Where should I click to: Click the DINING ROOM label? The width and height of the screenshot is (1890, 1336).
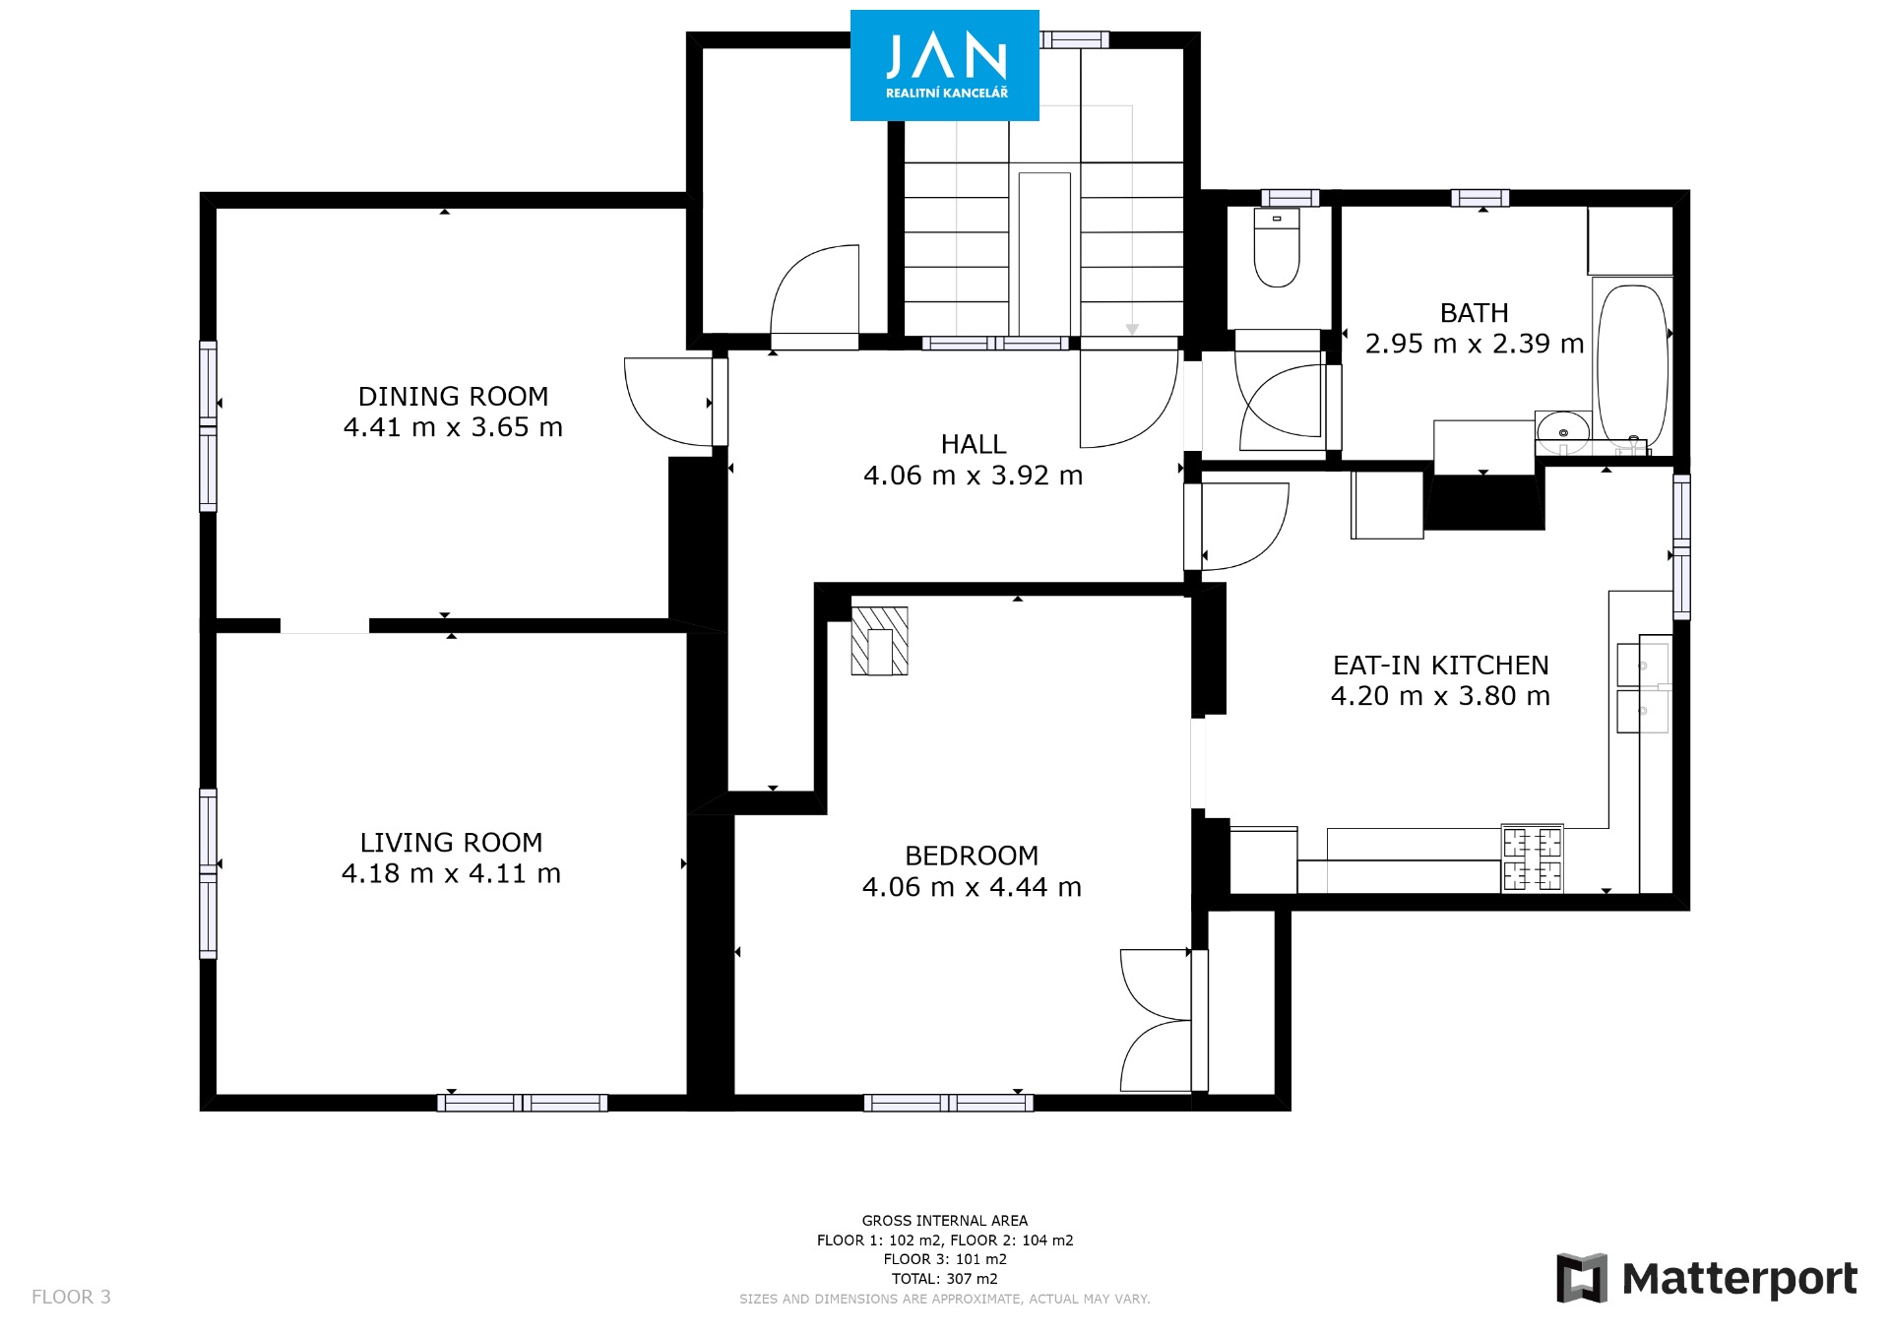click(453, 397)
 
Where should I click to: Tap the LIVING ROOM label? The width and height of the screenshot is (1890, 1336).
click(451, 843)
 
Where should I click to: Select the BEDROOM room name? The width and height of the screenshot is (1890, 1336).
click(972, 856)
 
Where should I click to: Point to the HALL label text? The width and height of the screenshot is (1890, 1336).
click(974, 445)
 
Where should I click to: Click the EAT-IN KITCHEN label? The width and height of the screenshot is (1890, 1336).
click(1441, 666)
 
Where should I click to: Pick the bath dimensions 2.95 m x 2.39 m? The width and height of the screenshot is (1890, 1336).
click(1475, 344)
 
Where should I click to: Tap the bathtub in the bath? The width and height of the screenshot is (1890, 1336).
click(1631, 365)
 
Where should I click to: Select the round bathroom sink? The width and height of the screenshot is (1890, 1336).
click(1563, 430)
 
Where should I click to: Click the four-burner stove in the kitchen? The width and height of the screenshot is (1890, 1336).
click(1532, 859)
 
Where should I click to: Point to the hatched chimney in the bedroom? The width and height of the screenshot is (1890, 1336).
click(879, 641)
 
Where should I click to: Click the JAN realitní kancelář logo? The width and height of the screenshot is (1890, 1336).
click(945, 65)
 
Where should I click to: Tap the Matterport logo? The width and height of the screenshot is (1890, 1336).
click(1707, 1278)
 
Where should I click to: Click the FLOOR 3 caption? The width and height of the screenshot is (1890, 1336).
click(71, 1297)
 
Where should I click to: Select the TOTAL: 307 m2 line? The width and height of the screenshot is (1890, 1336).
click(945, 1279)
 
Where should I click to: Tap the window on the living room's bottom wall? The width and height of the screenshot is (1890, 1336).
click(523, 1103)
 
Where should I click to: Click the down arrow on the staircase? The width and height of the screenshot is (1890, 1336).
click(1132, 330)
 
